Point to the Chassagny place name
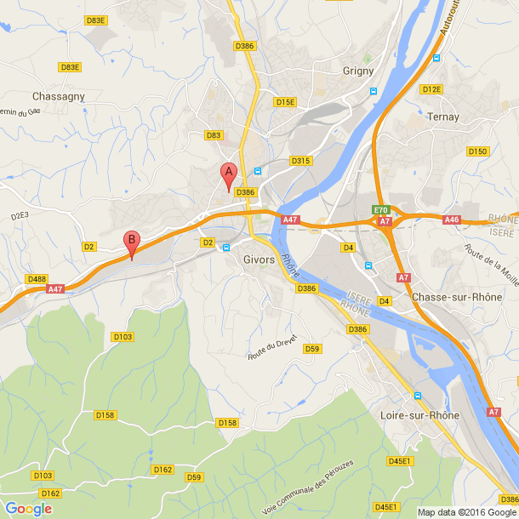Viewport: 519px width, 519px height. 59,96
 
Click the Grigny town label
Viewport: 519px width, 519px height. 358,71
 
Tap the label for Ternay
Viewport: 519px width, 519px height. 444,117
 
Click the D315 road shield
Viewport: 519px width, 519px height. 301,161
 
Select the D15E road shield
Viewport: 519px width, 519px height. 285,102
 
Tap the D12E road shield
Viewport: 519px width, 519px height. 431,89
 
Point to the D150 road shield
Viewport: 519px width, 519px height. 478,151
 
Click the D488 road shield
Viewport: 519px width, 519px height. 37,279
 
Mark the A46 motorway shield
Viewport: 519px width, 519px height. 452,220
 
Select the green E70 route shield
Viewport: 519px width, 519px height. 380,210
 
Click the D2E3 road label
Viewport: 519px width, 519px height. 20,216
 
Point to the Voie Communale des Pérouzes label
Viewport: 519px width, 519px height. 308,487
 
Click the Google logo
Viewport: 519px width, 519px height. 28,509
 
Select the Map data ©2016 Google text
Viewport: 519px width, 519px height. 467,512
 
